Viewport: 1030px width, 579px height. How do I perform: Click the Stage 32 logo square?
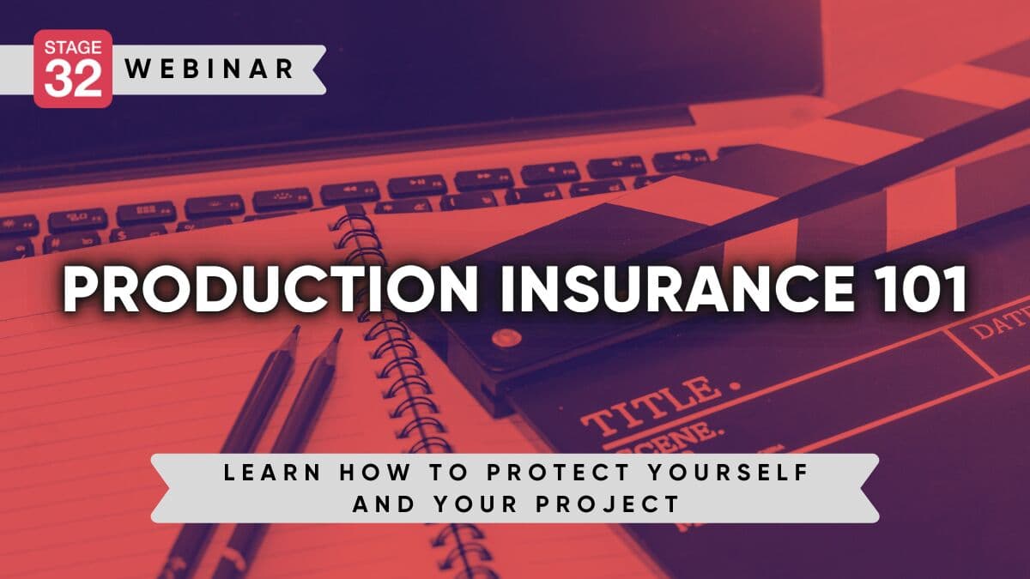(73, 69)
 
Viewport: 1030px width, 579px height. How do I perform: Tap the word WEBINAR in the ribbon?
(210, 69)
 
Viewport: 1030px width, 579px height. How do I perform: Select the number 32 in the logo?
(73, 78)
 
